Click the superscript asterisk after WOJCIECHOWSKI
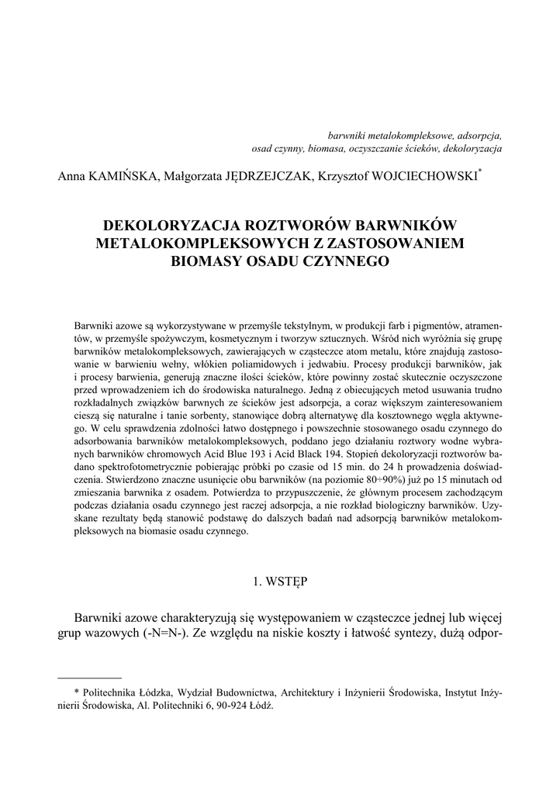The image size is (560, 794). (x=481, y=173)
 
